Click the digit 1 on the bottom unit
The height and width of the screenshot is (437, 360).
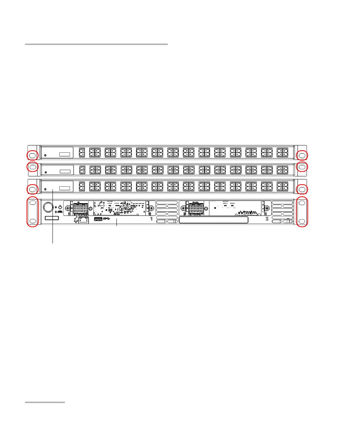click(x=151, y=218)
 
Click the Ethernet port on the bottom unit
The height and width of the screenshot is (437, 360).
click(x=84, y=220)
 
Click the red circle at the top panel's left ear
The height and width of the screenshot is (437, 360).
click(x=32, y=155)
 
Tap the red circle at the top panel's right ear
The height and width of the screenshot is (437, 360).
click(x=302, y=155)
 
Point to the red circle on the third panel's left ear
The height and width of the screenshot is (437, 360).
click(x=32, y=189)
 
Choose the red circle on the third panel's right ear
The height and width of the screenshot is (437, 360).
click(x=302, y=189)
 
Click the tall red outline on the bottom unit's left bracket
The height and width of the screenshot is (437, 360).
click(x=32, y=212)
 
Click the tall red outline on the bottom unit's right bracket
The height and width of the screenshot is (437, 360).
click(x=302, y=212)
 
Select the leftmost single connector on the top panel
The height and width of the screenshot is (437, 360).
click(x=81, y=152)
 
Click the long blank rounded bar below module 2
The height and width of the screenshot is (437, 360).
click(x=213, y=221)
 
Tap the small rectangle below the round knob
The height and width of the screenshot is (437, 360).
click(x=51, y=218)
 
